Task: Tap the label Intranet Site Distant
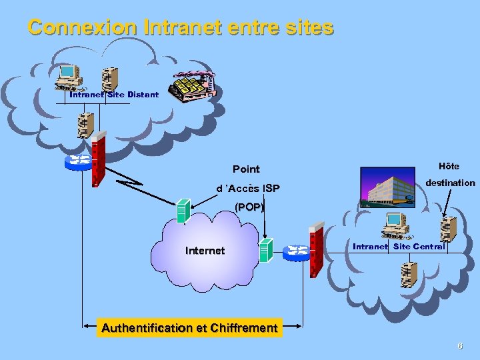[114, 95]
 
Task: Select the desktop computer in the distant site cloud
[68, 77]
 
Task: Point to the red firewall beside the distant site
[99, 159]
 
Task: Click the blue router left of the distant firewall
[79, 161]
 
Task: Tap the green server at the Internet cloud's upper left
[182, 210]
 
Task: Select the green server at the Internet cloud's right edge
[267, 249]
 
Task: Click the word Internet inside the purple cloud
[205, 251]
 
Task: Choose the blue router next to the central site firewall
[297, 252]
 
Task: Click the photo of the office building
[387, 187]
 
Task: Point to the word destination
[450, 183]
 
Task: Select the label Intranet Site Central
[399, 247]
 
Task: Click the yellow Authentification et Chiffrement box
[189, 327]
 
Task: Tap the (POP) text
[249, 207]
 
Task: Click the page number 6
[459, 346]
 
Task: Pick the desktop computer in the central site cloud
[395, 225]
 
